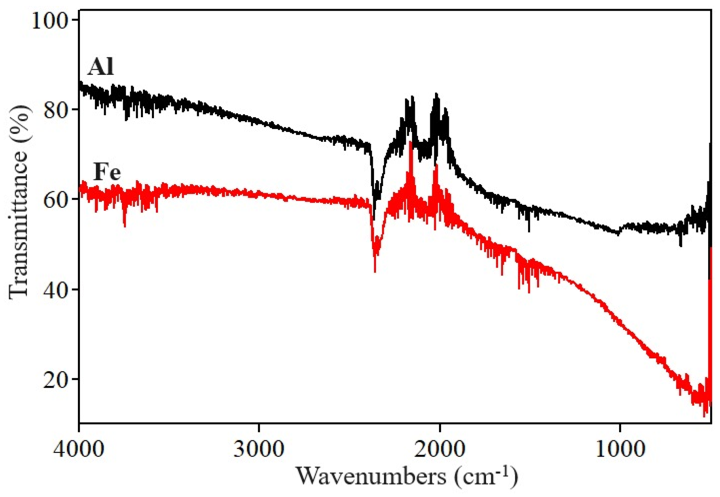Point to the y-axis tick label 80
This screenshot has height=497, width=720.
[55, 109]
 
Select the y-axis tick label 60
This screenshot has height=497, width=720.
[55, 199]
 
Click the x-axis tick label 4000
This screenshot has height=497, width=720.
[79, 449]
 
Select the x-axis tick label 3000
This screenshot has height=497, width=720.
[259, 449]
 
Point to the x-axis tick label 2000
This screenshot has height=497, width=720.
[439, 449]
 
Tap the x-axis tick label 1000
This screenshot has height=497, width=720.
[620, 449]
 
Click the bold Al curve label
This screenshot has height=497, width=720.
[101, 66]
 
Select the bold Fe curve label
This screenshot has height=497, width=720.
[107, 172]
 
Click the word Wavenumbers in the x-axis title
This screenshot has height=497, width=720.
[371, 476]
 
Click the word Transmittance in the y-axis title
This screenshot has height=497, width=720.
[19, 224]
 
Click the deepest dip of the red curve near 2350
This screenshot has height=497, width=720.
[375, 271]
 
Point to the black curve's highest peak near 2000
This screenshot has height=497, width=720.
[436, 94]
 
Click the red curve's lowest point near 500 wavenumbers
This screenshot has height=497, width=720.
[704, 416]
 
